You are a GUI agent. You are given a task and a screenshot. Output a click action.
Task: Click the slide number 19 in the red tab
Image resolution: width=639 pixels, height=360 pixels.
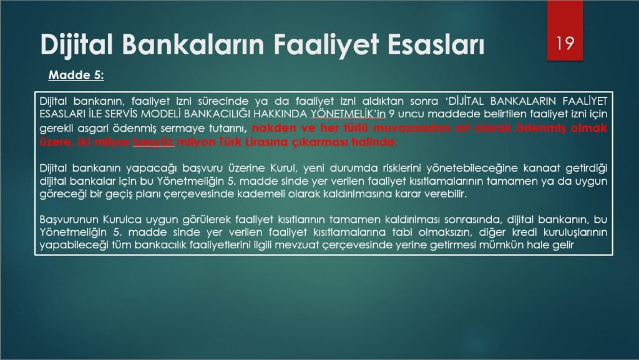pos(565,43)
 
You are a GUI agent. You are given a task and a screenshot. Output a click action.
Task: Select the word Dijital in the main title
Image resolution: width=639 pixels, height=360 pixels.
pos(77,44)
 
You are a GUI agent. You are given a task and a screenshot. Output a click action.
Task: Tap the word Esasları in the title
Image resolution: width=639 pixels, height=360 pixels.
pos(436,44)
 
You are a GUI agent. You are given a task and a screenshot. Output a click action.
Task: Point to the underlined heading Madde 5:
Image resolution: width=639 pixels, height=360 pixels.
pos(76,75)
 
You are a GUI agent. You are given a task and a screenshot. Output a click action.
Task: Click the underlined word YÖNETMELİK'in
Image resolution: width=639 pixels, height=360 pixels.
pos(348,114)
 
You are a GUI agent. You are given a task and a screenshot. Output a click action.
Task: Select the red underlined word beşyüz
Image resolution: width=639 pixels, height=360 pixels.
pos(154,142)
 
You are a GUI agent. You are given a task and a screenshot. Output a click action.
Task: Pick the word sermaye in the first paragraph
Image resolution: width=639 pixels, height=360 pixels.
pos(183,129)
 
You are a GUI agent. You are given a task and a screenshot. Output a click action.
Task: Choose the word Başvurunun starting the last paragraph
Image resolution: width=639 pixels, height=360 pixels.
pos(68,220)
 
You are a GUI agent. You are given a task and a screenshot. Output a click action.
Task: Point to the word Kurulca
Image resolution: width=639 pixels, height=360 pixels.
pos(122,220)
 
